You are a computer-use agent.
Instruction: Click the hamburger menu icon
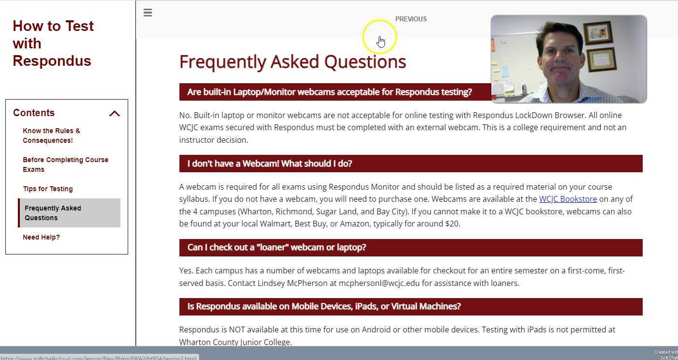pos(148,13)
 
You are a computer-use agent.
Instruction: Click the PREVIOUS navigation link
pos(411,19)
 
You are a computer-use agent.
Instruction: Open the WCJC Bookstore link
pos(568,199)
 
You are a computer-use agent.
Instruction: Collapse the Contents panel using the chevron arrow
pos(115,114)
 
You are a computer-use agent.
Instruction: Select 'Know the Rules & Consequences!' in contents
pos(51,135)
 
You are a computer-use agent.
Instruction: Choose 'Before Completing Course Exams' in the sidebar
pos(65,165)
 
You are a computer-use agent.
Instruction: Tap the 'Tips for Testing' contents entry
pos(47,189)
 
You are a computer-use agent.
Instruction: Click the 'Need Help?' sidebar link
pos(41,237)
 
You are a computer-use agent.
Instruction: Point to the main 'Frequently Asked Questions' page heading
pos(293,62)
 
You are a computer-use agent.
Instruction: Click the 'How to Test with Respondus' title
pos(53,44)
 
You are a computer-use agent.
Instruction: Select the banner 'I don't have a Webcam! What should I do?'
pos(269,164)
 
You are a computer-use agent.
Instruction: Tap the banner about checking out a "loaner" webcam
pos(277,248)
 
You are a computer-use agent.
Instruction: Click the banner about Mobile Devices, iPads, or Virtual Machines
pos(324,307)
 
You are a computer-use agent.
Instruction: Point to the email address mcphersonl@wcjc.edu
pos(379,284)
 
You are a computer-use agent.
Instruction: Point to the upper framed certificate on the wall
pos(598,33)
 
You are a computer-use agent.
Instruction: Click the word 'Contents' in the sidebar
pos(34,113)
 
